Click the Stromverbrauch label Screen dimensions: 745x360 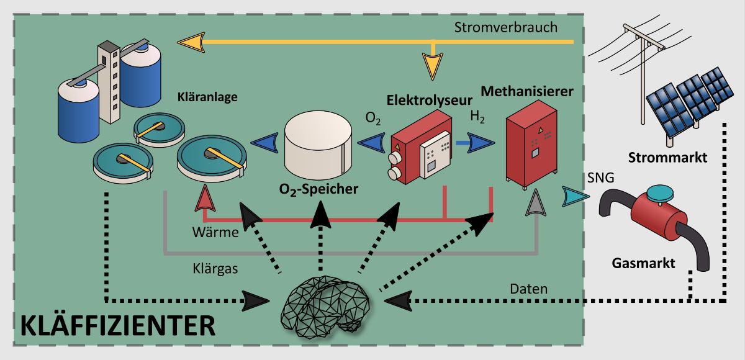coord(506,27)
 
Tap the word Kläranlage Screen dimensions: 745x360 coord(207,97)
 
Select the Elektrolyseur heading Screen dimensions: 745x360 coord(430,100)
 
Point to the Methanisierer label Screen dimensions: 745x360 coord(527,91)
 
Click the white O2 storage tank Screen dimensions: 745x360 coord(318,145)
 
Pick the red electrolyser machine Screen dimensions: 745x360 coord(420,147)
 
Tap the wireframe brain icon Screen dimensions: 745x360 coord(325,307)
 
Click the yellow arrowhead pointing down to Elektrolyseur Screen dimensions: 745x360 coord(432,66)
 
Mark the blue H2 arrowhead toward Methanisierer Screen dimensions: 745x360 coord(481,143)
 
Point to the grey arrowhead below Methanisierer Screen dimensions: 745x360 coord(535,202)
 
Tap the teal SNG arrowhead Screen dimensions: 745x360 coord(576,197)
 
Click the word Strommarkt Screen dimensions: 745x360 coord(667,158)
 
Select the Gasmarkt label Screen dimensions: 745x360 coord(643,263)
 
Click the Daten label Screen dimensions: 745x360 coord(529,289)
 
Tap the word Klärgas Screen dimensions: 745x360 coord(215,269)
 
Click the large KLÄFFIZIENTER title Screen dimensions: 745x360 coord(118,326)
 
